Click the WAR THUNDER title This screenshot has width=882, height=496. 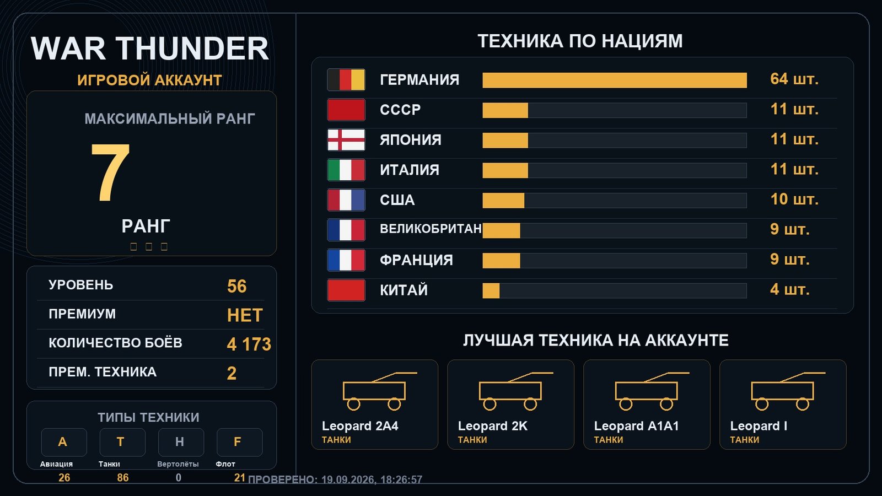pos(149,48)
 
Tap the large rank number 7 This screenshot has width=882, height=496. pos(110,172)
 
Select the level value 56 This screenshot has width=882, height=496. pos(236,286)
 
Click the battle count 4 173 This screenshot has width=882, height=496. pos(249,344)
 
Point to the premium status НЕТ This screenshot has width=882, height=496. pos(245,315)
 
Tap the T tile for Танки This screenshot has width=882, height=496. pos(122,442)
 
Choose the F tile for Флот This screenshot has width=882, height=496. pos(239,442)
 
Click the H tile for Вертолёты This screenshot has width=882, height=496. pos(181,442)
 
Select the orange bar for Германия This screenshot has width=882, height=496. pos(615,80)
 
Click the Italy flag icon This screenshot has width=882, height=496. pos(346,170)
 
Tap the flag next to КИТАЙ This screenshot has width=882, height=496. pos(346,290)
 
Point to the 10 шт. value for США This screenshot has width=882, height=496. pos(794,200)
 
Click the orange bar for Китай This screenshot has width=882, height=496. pos(491,291)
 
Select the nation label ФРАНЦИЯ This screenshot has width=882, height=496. pos(416,260)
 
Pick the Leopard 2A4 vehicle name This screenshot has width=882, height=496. pos(360,426)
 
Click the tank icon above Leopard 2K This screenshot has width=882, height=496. pos(516,391)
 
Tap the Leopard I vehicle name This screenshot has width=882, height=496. pos(759,426)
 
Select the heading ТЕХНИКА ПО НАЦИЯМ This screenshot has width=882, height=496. pos(580,41)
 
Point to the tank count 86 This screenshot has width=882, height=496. pos(122,477)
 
